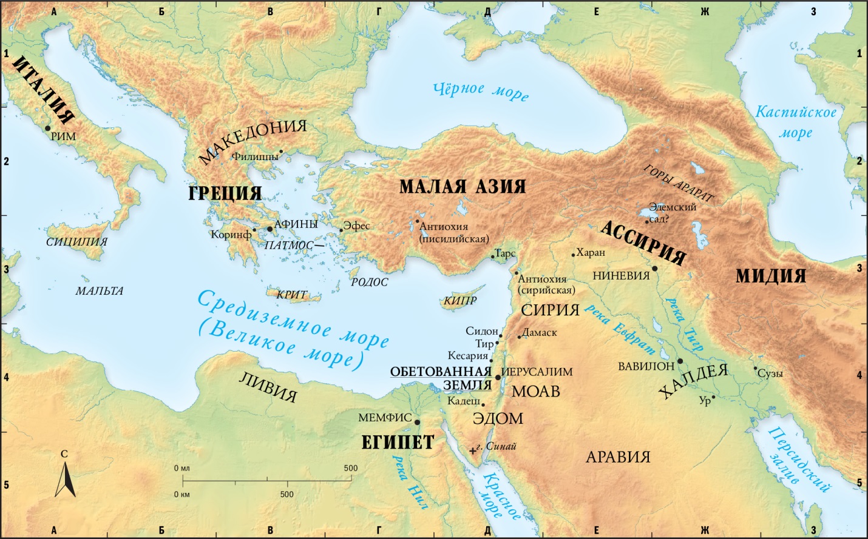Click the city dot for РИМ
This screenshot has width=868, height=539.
pos(47,128)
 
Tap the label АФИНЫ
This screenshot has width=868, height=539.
pos(296,224)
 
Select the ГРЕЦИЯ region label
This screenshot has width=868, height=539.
pos(225,193)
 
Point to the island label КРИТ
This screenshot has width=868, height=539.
pos(291,295)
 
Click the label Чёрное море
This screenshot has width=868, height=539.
pos(481,90)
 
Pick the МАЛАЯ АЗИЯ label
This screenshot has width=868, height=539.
pos(463,186)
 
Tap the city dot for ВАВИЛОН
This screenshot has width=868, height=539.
pos(680,361)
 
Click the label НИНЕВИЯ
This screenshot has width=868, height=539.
pos(621,275)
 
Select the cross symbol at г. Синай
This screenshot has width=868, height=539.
pos(473,450)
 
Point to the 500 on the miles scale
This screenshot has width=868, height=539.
pos(350,468)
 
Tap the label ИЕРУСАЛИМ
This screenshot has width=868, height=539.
pos(537,372)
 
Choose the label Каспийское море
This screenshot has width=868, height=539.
pos(795,122)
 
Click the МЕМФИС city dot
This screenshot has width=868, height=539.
pos(417,421)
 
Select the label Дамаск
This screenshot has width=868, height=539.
pos(539,333)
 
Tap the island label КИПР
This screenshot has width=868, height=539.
pos(459,301)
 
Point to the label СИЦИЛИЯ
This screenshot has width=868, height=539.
pos(76,242)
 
